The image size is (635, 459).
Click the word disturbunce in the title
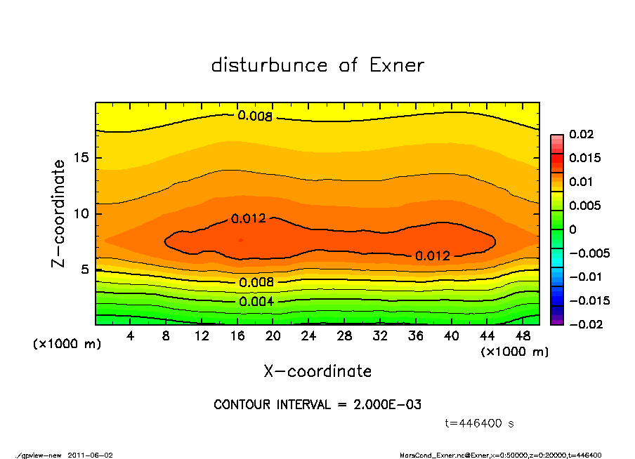(x=270, y=65)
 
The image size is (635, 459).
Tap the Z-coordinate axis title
(x=59, y=213)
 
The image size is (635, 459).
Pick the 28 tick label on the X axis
(x=344, y=336)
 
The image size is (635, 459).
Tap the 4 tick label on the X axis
(x=131, y=336)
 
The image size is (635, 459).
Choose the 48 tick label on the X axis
(x=523, y=336)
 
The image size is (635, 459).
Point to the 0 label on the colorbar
(x=572, y=229)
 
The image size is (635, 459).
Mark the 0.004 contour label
(x=256, y=302)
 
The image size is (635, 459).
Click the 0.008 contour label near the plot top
(x=254, y=116)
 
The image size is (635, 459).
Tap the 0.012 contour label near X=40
(x=432, y=256)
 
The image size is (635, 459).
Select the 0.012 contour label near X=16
(x=248, y=218)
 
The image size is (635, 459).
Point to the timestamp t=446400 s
(x=480, y=423)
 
